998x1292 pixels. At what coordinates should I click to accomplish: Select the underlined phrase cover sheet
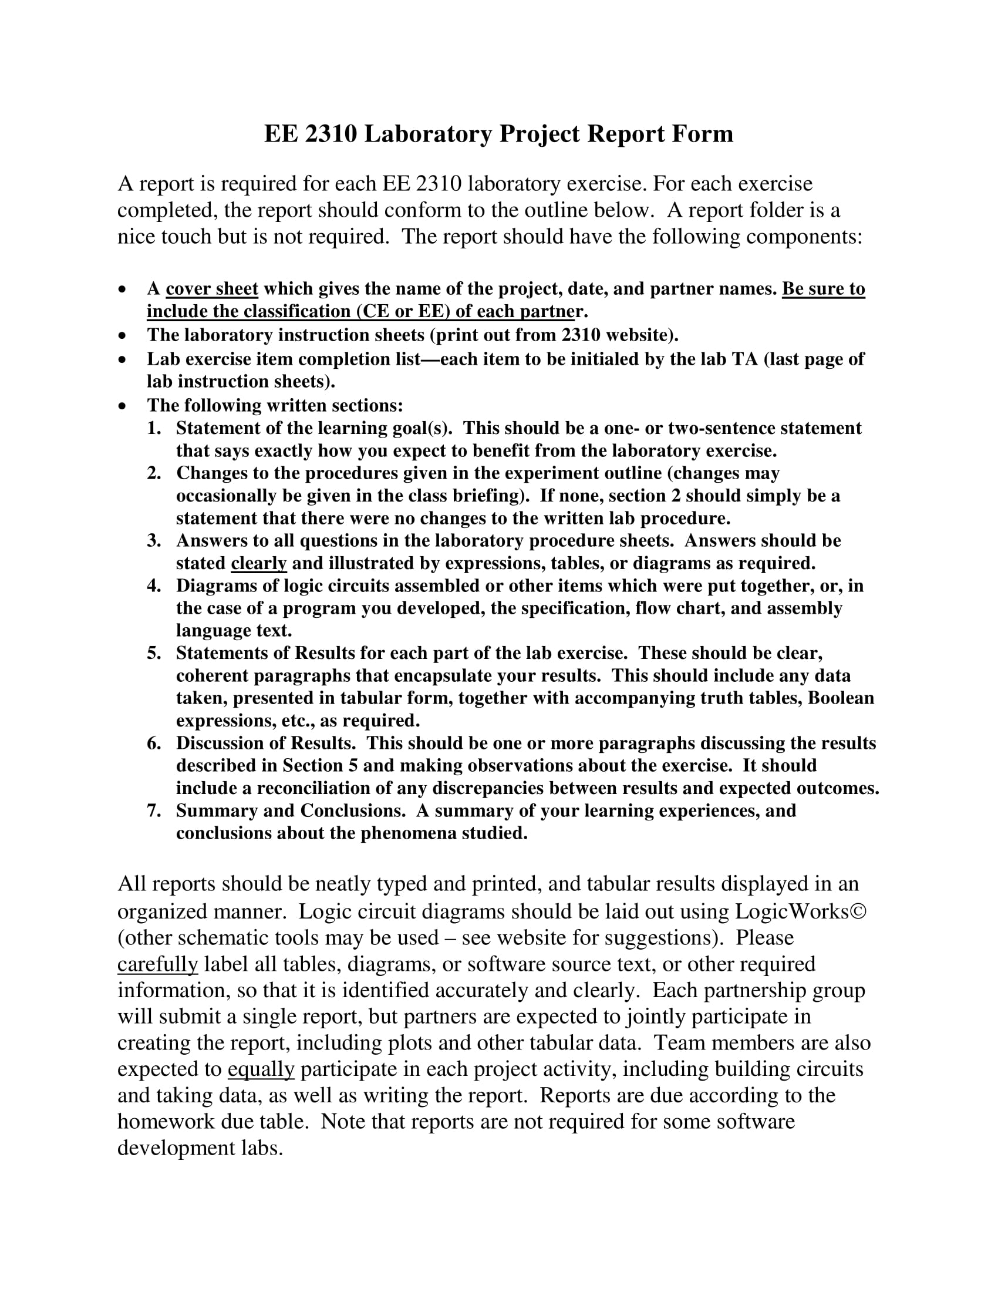pos(212,290)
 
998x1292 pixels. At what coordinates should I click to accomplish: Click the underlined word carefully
pos(157,964)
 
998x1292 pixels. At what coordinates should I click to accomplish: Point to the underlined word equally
pos(261,1069)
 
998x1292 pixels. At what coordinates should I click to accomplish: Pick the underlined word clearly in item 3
pos(258,563)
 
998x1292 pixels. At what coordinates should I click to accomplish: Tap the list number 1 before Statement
pos(154,428)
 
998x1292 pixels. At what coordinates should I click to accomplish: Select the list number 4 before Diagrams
pos(154,586)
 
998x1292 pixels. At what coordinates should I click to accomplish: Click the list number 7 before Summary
pos(154,810)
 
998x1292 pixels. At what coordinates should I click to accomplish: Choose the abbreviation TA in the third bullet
pos(745,359)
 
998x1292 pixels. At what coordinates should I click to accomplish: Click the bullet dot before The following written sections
pos(122,406)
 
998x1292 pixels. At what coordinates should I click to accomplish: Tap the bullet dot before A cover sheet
pos(122,290)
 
